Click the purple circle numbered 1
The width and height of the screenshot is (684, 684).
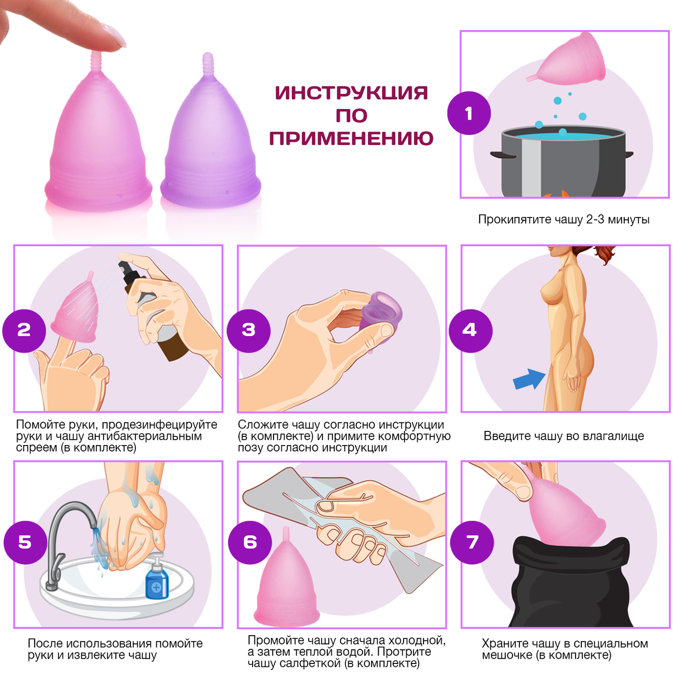click(x=469, y=113)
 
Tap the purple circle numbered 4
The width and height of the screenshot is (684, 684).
click(x=470, y=330)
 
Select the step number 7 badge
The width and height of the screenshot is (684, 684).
click(x=472, y=542)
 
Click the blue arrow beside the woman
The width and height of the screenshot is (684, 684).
click(x=529, y=379)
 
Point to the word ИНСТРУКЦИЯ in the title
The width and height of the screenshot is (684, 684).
click(x=351, y=93)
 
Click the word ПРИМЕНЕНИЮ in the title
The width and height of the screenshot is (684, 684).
click(x=351, y=138)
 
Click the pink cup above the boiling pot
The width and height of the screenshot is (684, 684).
click(x=568, y=59)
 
